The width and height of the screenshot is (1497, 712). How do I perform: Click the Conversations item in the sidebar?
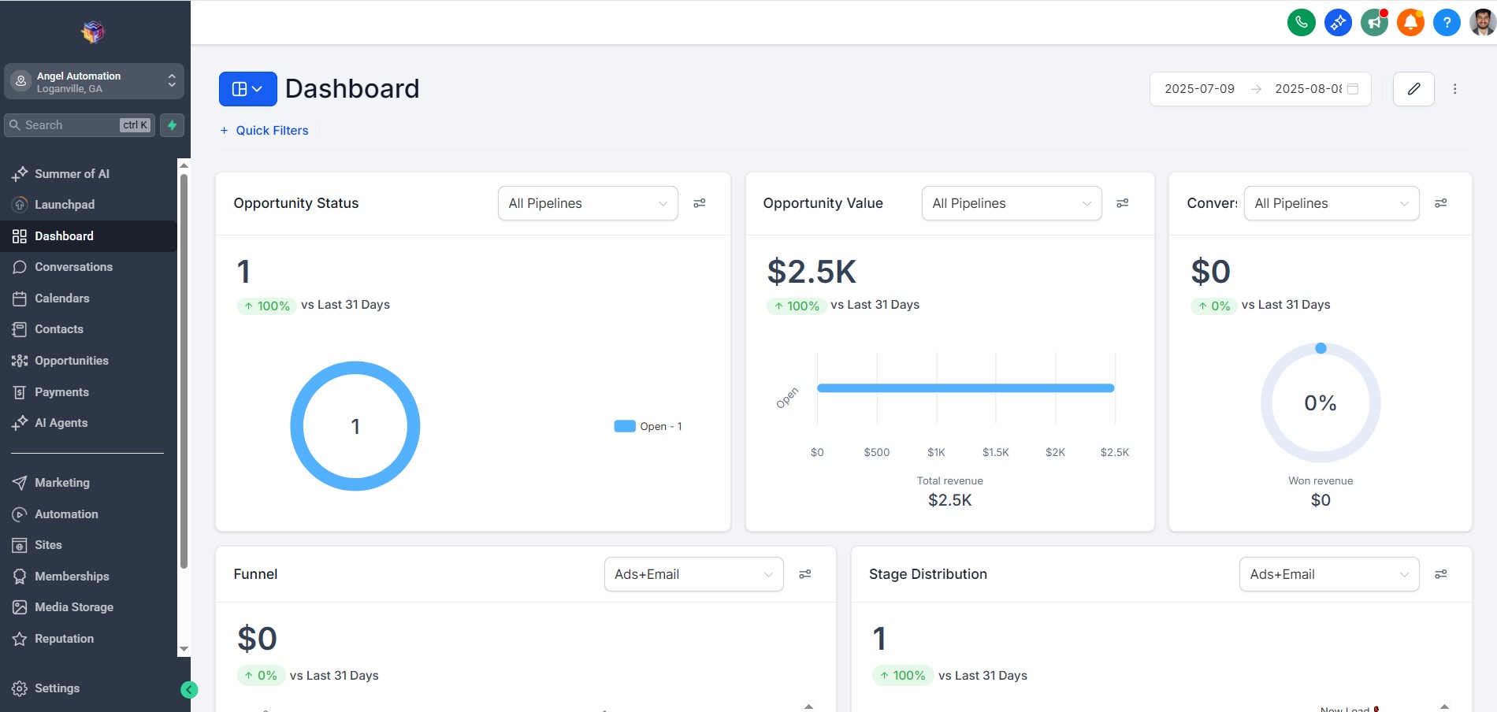tap(73, 267)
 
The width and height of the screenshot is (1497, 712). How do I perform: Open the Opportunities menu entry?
tap(71, 361)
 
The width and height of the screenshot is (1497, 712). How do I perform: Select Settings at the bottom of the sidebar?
tap(57, 688)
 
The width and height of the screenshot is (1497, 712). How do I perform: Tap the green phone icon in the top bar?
tap(1301, 23)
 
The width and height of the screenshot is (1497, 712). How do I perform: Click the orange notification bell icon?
tap(1410, 23)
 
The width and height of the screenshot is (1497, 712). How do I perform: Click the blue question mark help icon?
tap(1446, 23)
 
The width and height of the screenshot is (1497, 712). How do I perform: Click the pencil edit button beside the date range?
tap(1413, 89)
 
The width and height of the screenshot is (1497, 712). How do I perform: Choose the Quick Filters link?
tap(272, 131)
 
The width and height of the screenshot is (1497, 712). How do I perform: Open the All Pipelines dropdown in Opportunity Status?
tap(588, 203)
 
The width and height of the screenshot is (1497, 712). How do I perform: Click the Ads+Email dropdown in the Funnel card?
tap(693, 574)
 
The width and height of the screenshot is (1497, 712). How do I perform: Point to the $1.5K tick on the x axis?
tap(995, 452)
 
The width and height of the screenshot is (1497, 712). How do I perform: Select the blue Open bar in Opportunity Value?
tap(965, 388)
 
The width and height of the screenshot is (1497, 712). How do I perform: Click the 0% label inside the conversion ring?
tap(1320, 403)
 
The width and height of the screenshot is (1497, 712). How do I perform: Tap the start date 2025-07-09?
tap(1199, 89)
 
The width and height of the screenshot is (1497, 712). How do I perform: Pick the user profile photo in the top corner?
tap(1482, 23)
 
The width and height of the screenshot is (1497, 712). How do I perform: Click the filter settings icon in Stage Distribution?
tap(1440, 574)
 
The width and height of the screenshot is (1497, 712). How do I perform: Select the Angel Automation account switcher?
tap(94, 82)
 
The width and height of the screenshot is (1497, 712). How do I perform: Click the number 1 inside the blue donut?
tap(355, 427)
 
